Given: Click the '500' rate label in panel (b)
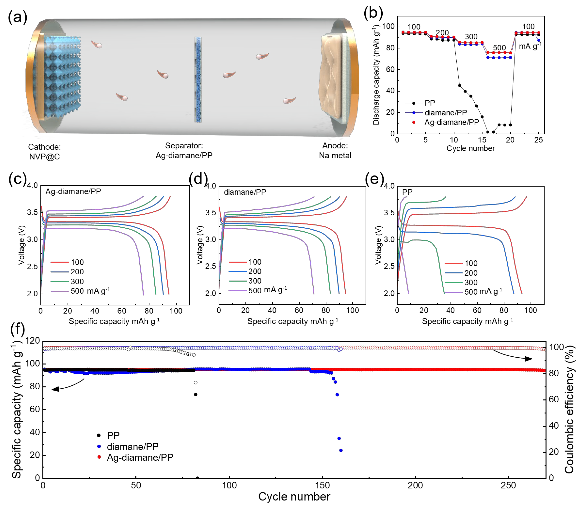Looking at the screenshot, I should click(x=499, y=48).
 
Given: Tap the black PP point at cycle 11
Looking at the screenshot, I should click(x=459, y=85).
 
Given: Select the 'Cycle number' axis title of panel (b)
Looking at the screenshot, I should click(x=470, y=148).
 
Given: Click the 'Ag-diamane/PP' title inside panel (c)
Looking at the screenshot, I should click(x=73, y=191).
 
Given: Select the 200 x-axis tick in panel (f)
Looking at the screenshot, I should click(x=415, y=486).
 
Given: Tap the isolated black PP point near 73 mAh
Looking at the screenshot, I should click(x=196, y=394).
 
